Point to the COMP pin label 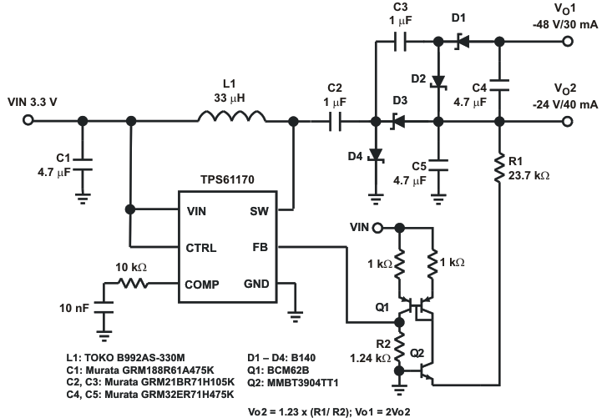(x=201, y=284)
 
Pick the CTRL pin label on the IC (x=200, y=248)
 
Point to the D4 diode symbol (x=376, y=156)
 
